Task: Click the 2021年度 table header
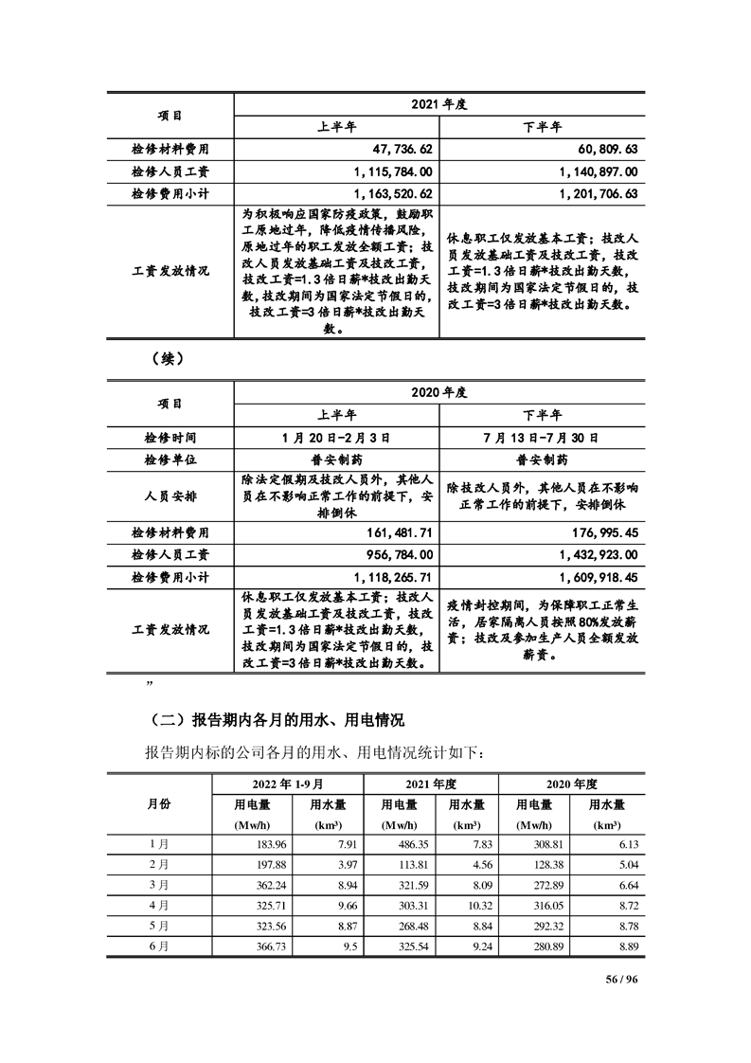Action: coord(439,104)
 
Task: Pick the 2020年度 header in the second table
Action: coord(439,391)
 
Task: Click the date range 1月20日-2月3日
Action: coord(336,438)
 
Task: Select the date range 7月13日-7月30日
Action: coord(543,438)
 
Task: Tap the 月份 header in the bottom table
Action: coord(159,803)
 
